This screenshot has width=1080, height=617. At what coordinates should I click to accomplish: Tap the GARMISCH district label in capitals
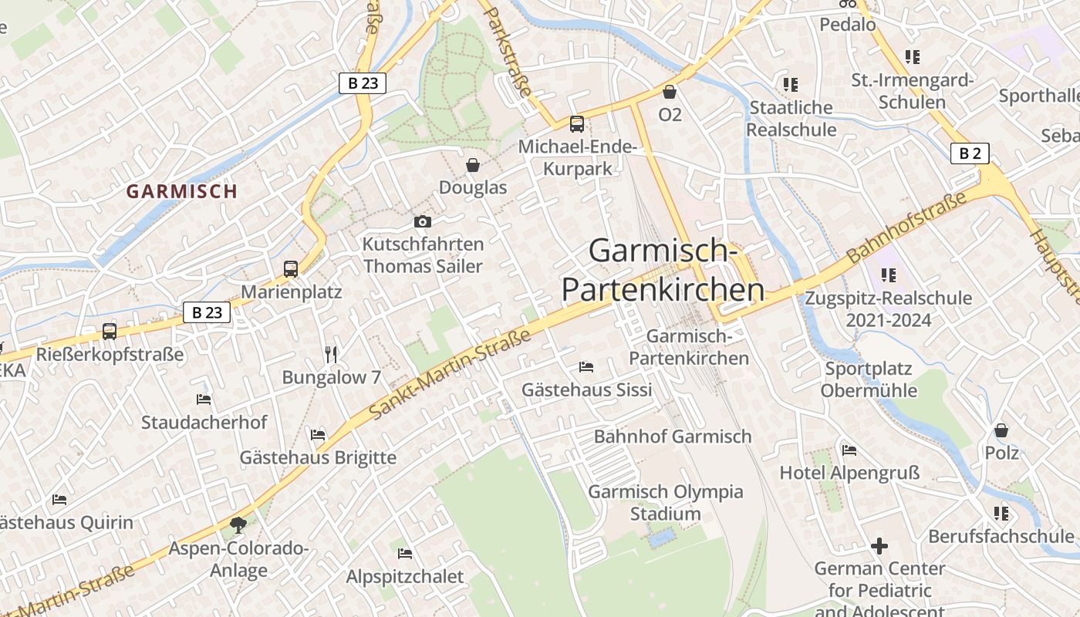pyautogui.click(x=181, y=191)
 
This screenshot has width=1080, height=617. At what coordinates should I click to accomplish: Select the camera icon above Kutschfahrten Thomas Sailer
pyautogui.click(x=422, y=222)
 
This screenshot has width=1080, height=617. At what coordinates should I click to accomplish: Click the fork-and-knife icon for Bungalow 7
pyautogui.click(x=331, y=354)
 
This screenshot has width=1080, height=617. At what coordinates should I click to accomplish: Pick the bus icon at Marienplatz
pyautogui.click(x=291, y=269)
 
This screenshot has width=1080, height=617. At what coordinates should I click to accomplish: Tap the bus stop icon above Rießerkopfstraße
pyautogui.click(x=110, y=332)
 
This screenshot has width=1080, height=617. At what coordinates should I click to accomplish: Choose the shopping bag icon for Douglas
pyautogui.click(x=473, y=165)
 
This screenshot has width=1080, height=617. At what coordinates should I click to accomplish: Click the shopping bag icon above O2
pyautogui.click(x=670, y=92)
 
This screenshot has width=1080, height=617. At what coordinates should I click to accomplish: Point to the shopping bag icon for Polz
pyautogui.click(x=1001, y=430)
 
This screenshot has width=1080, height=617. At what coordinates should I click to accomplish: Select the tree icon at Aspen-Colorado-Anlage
pyautogui.click(x=238, y=525)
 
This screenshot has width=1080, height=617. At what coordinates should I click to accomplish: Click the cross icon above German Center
pyautogui.click(x=879, y=546)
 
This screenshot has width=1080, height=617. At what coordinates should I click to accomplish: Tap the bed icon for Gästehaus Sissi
pyautogui.click(x=586, y=366)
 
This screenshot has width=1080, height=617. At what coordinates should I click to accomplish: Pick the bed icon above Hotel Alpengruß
pyautogui.click(x=849, y=450)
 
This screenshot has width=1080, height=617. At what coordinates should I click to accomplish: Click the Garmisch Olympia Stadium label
pyautogui.click(x=666, y=503)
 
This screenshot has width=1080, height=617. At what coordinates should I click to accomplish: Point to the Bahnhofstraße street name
pyautogui.click(x=906, y=228)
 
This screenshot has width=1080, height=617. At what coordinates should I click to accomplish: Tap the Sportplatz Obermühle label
pyautogui.click(x=869, y=379)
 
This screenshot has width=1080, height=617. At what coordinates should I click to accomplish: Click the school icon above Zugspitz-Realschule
pyautogui.click(x=889, y=275)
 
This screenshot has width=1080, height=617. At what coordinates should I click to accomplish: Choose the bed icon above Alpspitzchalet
pyautogui.click(x=405, y=553)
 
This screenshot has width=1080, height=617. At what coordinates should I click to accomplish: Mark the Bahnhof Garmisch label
pyautogui.click(x=672, y=437)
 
